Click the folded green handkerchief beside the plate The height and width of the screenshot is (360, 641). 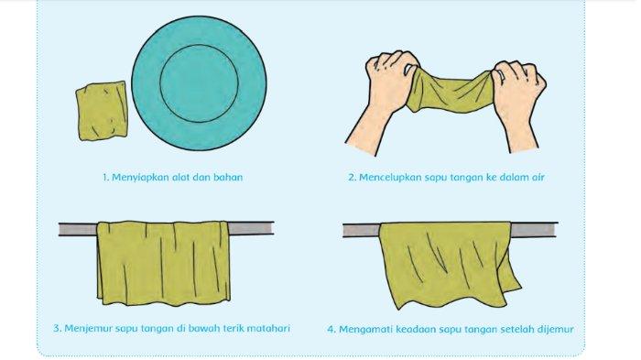[102, 111]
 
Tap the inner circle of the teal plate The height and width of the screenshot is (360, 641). [199, 83]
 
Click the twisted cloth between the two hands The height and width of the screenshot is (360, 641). [450, 92]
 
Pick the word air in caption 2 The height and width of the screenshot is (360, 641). [538, 177]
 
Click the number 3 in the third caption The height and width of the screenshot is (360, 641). [57, 329]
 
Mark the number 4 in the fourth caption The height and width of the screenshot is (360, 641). [331, 330]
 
